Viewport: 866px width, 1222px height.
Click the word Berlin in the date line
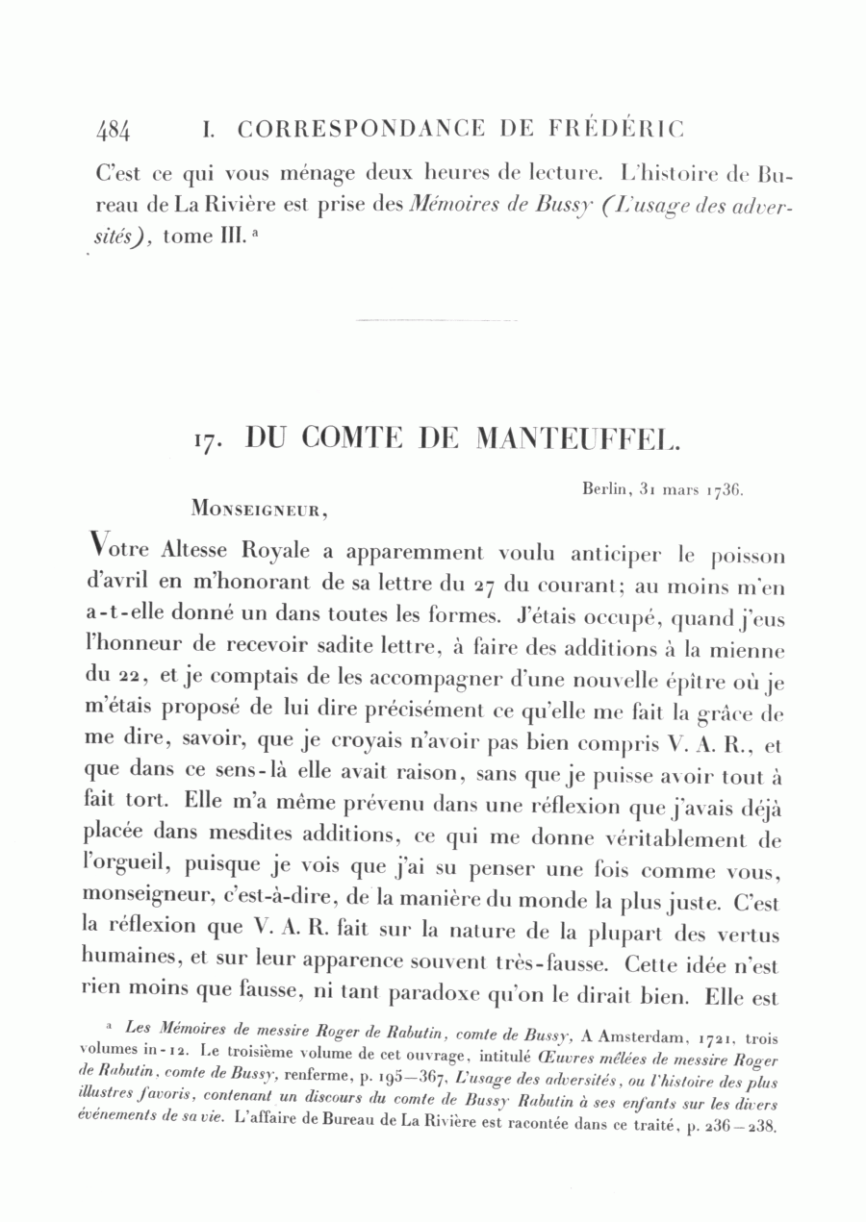[x=604, y=489]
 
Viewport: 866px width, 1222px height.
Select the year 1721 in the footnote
[x=720, y=1037]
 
